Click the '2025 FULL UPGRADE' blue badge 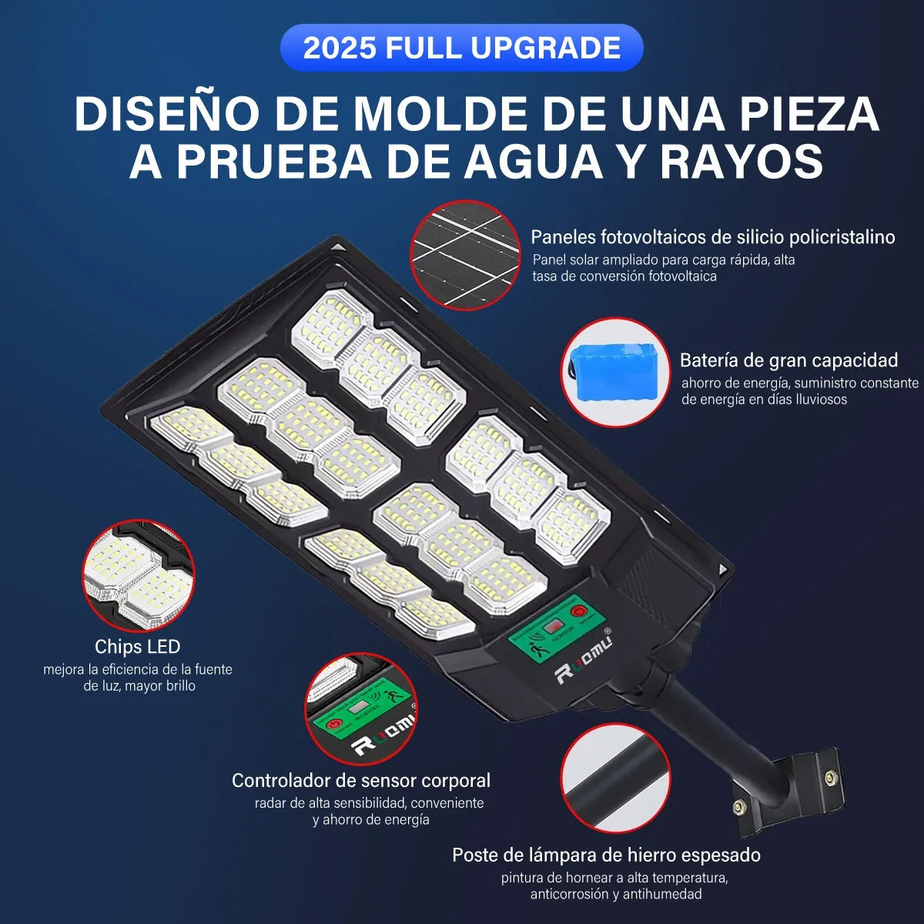tap(461, 48)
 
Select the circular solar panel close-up tap(465, 255)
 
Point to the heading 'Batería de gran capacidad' tap(788, 360)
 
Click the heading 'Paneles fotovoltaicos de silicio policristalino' tap(712, 237)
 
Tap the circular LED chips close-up tap(138, 575)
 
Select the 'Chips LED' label tap(138, 646)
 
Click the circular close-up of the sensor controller tap(360, 709)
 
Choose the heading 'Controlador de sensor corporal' tap(361, 781)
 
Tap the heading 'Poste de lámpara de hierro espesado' tap(607, 855)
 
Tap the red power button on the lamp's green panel tap(578, 611)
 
